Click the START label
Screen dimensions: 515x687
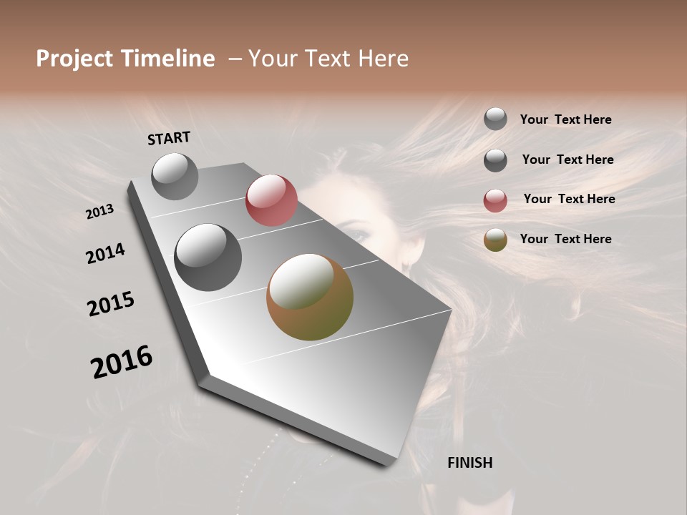coord(169,138)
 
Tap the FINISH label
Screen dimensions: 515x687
coord(469,463)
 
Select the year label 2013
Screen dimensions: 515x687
coord(100,212)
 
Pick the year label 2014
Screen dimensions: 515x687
coord(105,253)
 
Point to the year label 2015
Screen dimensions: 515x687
coord(111,304)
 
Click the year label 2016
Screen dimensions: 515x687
coord(122,362)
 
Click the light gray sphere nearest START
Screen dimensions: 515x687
coord(175,176)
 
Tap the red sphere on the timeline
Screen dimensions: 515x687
coord(271,200)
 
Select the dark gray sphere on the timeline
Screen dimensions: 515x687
coord(208,257)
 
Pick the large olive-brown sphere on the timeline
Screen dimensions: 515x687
coord(310,297)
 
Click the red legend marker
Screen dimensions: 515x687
coord(495,200)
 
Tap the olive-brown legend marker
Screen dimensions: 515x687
coord(495,240)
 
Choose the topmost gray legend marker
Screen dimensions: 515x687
coord(495,119)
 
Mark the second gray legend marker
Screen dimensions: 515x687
coord(495,160)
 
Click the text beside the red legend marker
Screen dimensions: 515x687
coord(569,199)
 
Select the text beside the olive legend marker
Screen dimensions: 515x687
coord(565,239)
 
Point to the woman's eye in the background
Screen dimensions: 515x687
coord(360,234)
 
